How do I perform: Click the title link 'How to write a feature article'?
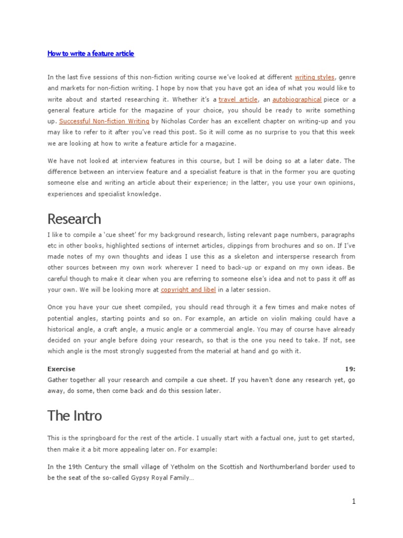click(x=91, y=54)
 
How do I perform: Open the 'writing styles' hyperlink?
click(x=314, y=77)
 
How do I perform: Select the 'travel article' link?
click(x=238, y=99)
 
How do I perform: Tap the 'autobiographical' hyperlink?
click(x=297, y=99)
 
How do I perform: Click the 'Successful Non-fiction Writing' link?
click(x=104, y=121)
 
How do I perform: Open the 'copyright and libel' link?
click(x=188, y=289)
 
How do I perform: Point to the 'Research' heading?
click(x=74, y=219)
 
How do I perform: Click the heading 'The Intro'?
click(x=75, y=416)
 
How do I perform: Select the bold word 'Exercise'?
click(x=61, y=369)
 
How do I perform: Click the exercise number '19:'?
click(x=350, y=369)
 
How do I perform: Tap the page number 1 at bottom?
click(x=354, y=502)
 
